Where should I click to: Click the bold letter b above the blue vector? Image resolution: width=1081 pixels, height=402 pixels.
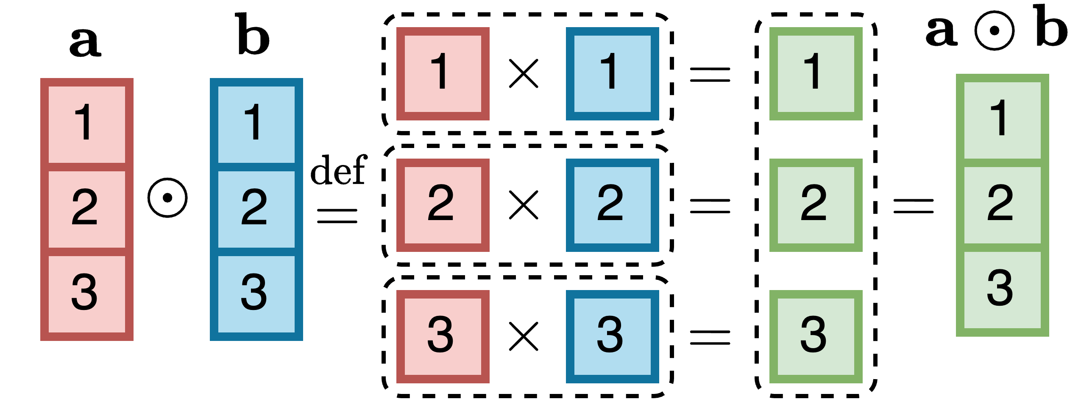coord(253,35)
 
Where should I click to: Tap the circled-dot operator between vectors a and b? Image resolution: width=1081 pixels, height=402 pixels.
coord(167,198)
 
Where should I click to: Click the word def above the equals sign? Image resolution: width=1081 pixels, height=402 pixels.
coord(338,170)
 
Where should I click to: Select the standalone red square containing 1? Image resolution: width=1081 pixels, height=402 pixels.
coord(443,74)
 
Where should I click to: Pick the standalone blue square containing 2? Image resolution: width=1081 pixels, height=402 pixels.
coord(612,205)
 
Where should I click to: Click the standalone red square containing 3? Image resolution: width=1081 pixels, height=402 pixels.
coord(443,337)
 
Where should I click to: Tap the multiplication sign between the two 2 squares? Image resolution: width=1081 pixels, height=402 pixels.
coord(524,205)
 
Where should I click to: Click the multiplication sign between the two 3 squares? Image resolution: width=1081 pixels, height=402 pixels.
coord(524,337)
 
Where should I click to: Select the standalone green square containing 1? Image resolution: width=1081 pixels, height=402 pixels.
coord(816,74)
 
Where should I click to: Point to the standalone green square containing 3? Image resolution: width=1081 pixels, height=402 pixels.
coord(816,337)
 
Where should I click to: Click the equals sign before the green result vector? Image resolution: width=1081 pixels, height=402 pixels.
coord(914,206)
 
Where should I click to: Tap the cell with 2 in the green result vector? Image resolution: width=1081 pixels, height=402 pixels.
coord(1002,205)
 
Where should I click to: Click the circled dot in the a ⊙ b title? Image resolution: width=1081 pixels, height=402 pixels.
coord(994,31)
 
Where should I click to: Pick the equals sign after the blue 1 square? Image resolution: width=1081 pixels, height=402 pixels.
coord(710,75)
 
